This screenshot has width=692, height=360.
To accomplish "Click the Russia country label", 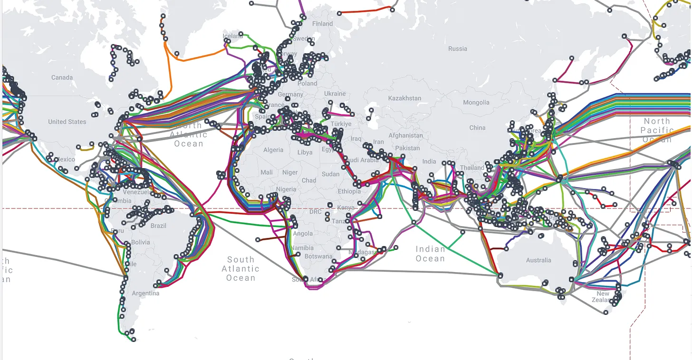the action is pyautogui.click(x=457, y=48).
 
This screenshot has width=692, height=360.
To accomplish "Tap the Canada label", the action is pyautogui.click(x=62, y=77).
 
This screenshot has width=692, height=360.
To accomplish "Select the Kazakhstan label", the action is pyautogui.click(x=404, y=98).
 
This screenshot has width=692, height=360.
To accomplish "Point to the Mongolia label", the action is pyautogui.click(x=476, y=103).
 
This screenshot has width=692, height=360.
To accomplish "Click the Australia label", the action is pyautogui.click(x=538, y=260).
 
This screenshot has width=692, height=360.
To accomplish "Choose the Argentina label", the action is pyautogui.click(x=145, y=294).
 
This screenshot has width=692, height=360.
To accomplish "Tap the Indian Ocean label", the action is pyautogui.click(x=430, y=254).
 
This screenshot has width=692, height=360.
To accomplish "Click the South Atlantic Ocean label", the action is pyautogui.click(x=240, y=269).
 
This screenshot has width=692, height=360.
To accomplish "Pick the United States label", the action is pyautogui.click(x=67, y=122).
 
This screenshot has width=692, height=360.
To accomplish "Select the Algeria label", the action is pyautogui.click(x=273, y=150).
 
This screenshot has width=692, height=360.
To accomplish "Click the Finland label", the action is pyautogui.click(x=322, y=24).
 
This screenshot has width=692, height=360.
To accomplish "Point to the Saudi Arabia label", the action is pyautogui.click(x=363, y=160).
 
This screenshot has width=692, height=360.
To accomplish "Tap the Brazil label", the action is pyautogui.click(x=158, y=226).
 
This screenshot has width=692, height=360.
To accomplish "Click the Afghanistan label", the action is pyautogui.click(x=405, y=135).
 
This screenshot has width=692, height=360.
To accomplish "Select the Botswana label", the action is pyautogui.click(x=318, y=256).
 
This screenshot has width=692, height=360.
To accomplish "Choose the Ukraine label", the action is pyautogui.click(x=335, y=94).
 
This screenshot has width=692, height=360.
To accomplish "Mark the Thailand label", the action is pyautogui.click(x=471, y=168).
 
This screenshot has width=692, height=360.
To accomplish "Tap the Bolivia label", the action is pyautogui.click(x=140, y=242).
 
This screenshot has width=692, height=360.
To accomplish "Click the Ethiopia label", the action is pyautogui.click(x=349, y=191).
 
